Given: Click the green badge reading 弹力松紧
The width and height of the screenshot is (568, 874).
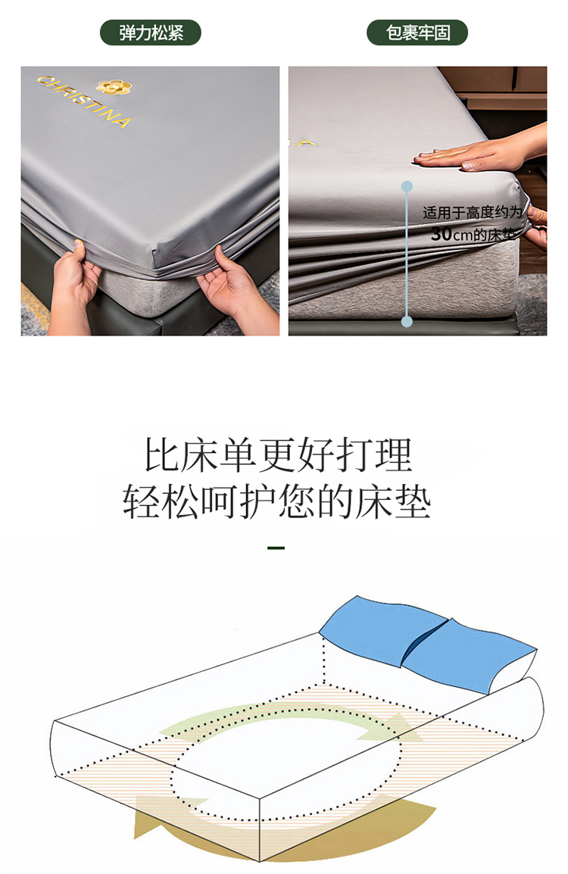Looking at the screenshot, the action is [x=150, y=33].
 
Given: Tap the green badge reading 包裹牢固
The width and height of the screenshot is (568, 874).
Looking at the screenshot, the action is [x=417, y=33].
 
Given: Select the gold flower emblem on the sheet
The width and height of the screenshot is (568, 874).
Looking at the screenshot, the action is [x=114, y=86].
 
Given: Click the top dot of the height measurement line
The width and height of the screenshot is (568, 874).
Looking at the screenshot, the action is [x=407, y=186].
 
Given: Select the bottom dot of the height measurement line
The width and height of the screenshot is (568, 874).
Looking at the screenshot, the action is [x=407, y=321].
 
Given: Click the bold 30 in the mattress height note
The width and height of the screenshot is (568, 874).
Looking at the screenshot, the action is [x=441, y=233].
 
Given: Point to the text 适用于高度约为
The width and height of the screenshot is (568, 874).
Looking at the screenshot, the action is [x=472, y=212].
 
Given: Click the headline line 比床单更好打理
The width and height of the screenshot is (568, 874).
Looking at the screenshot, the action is [x=278, y=455].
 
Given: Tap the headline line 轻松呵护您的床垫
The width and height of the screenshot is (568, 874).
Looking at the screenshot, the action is [x=277, y=501].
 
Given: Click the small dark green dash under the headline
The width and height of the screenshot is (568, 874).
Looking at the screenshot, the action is [x=276, y=548].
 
